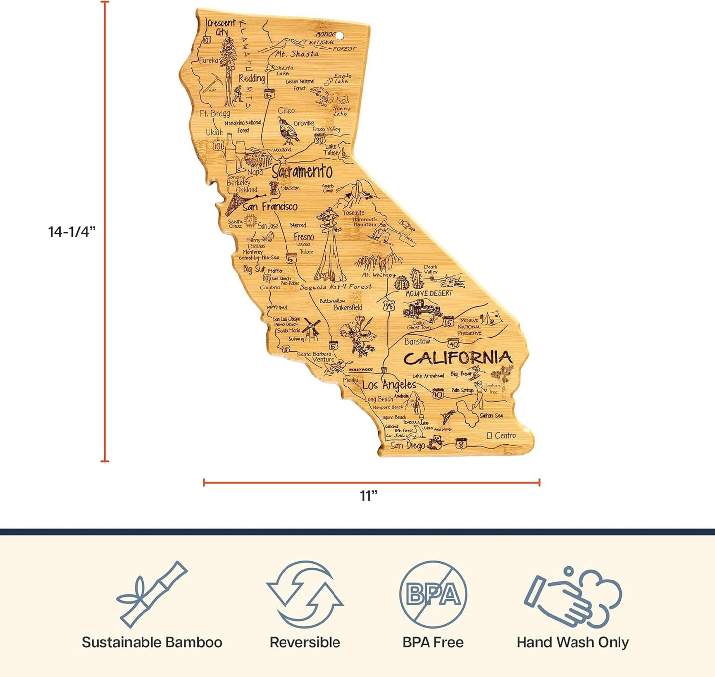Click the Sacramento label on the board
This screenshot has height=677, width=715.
302,172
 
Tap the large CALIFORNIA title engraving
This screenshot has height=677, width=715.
457,357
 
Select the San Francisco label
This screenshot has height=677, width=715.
270,206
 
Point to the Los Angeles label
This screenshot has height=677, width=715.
389,385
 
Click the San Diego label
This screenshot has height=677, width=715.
407,445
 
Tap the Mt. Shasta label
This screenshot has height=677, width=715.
297,54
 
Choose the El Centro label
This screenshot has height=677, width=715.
501,435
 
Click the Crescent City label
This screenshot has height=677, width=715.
221,27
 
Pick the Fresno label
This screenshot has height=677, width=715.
304,237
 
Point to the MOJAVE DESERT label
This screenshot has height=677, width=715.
429,293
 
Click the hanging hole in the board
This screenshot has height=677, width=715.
340,36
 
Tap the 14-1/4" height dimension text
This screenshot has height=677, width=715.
72,231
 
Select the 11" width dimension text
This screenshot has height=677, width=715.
369,496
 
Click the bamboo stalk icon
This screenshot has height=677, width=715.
151,594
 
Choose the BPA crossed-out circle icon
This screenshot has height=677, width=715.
433,594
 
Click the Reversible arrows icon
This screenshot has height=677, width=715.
305,594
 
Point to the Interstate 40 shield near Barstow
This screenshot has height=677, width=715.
453,343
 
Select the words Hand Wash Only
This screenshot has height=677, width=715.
572,642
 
